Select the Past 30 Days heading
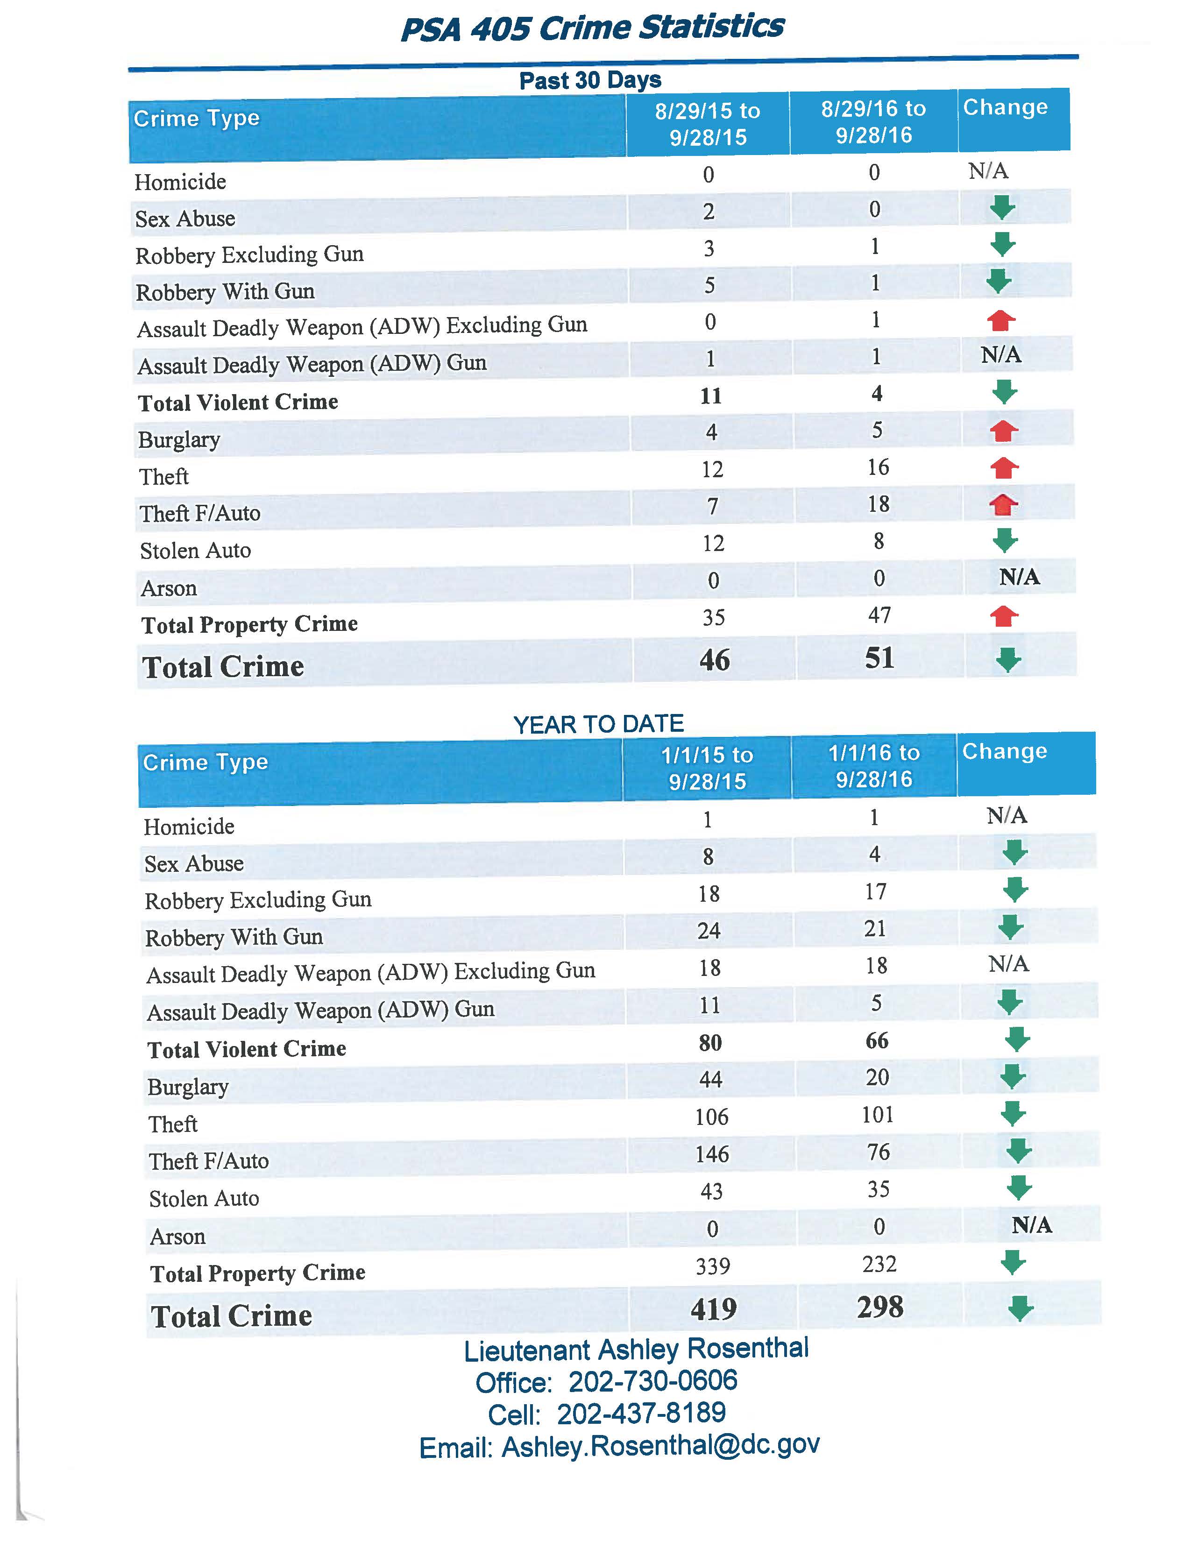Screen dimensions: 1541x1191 click(x=590, y=80)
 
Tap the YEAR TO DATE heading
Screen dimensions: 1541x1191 click(x=598, y=724)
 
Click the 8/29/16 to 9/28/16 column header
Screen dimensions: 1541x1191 click(x=873, y=122)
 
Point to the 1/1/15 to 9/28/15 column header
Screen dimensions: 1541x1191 click(x=707, y=768)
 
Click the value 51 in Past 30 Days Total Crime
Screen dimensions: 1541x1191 click(x=879, y=658)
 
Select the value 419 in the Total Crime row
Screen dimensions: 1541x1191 click(x=713, y=1309)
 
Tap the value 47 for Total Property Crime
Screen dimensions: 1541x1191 click(x=879, y=615)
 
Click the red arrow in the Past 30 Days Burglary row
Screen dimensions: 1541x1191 click(x=1003, y=431)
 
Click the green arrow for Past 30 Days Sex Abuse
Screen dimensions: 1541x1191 click(x=1002, y=208)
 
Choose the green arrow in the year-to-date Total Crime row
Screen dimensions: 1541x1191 click(x=1020, y=1309)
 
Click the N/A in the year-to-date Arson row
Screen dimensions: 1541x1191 click(x=1032, y=1226)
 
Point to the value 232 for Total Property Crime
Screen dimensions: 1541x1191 click(x=879, y=1264)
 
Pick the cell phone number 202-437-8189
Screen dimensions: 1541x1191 click(x=641, y=1414)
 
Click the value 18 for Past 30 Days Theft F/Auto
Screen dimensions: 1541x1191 click(x=879, y=504)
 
